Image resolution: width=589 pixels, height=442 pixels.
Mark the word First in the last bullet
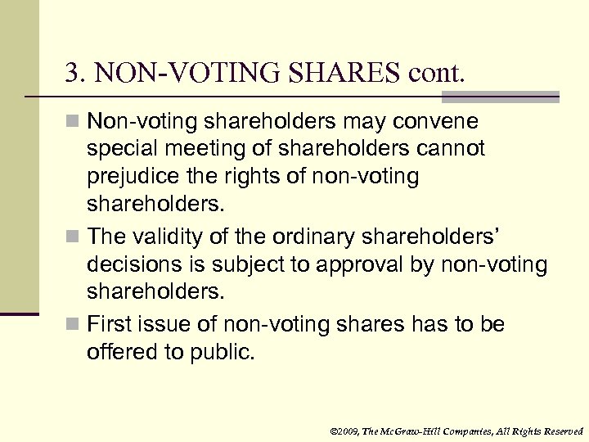pyautogui.click(x=109, y=326)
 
